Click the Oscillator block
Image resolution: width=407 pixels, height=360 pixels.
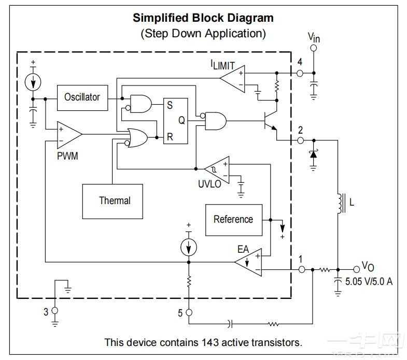82,97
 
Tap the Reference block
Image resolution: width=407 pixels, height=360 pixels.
233,219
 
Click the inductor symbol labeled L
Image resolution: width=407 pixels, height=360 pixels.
340,203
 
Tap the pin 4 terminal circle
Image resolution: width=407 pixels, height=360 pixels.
300,74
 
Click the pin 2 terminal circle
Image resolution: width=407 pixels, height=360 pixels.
300,140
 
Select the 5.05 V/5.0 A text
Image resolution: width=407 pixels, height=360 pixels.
369,282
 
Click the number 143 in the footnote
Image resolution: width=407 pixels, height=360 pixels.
206,342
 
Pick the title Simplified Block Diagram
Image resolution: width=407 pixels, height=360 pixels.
203,18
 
